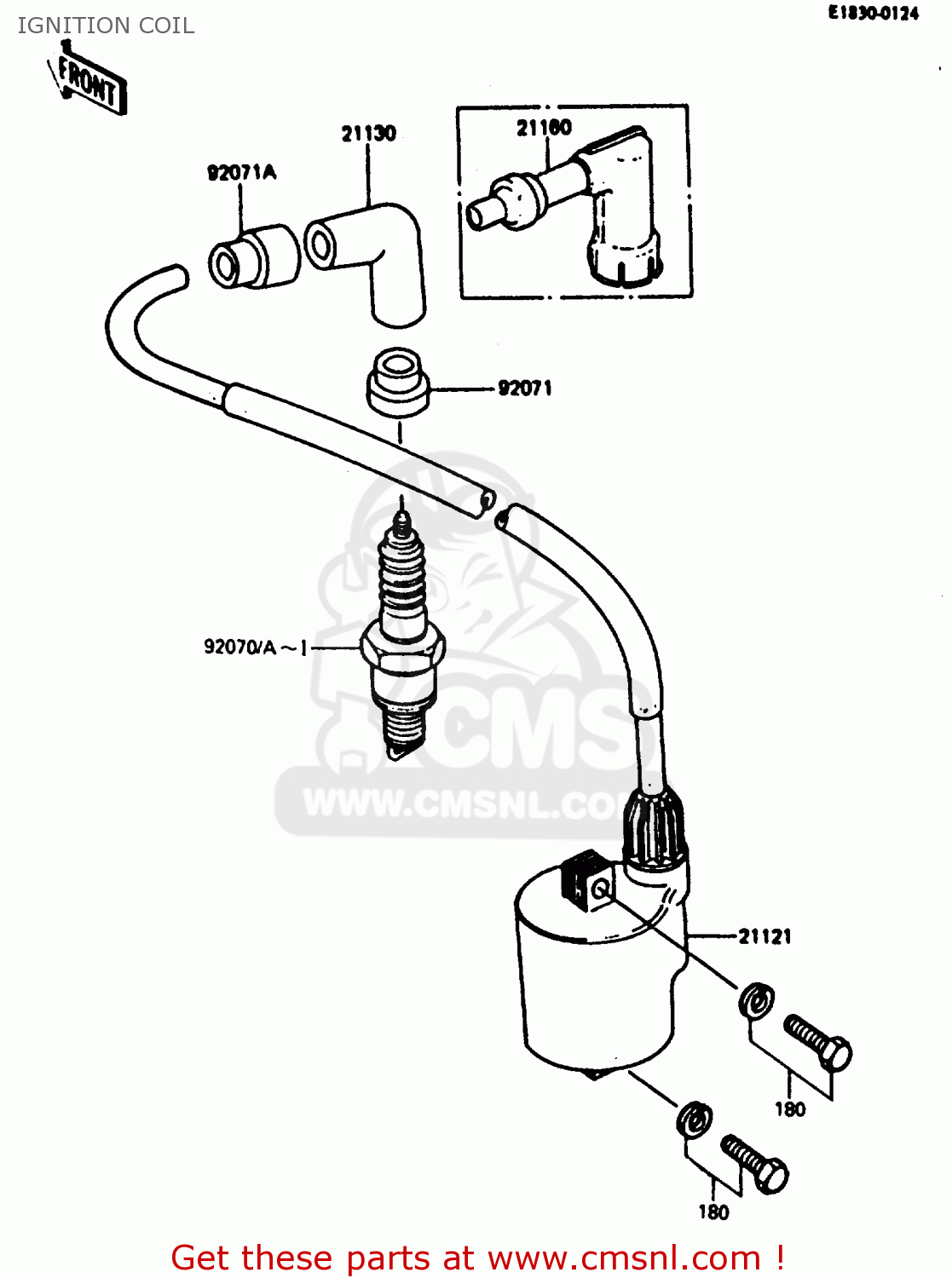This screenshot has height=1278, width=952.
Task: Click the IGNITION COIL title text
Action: [106, 26]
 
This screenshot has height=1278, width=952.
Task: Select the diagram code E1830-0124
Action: [873, 13]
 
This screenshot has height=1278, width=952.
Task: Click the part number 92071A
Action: [241, 173]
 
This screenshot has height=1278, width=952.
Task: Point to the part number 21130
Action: [368, 134]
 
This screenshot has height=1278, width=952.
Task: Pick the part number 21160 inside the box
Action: [544, 128]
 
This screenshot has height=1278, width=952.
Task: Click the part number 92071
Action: [525, 389]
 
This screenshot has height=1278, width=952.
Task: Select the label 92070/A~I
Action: [255, 648]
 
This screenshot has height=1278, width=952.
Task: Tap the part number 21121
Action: [764, 937]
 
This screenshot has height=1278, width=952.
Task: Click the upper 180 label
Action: [789, 1109]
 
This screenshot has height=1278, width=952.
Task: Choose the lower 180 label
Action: [713, 1212]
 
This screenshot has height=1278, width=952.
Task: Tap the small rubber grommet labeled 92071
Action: [397, 383]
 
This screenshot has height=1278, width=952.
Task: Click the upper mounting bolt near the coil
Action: [817, 1042]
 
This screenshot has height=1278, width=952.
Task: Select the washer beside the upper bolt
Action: [755, 999]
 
